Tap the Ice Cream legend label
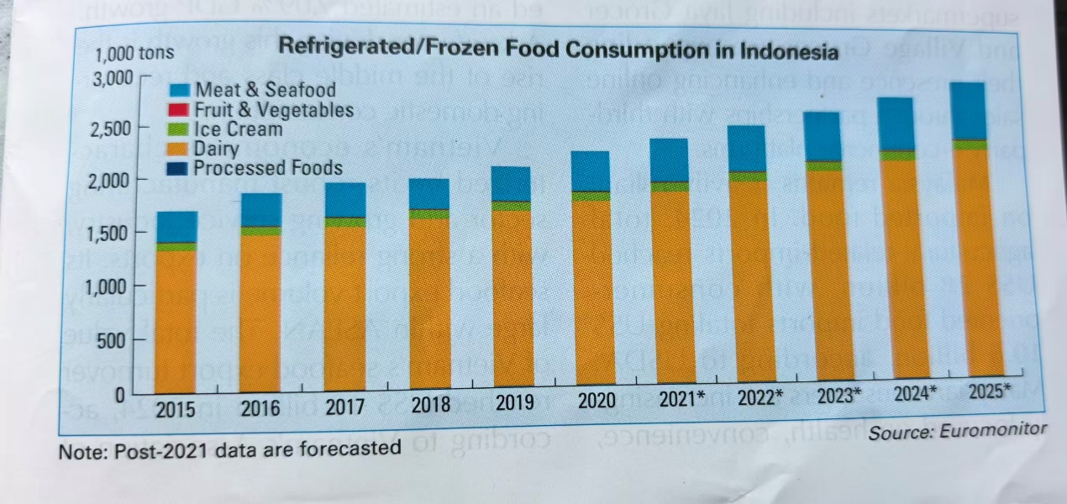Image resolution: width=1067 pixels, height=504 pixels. (x=238, y=129)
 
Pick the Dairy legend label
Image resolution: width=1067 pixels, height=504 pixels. (x=216, y=150)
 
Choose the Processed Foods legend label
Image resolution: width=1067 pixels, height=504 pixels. (x=268, y=168)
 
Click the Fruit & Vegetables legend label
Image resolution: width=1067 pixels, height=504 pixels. (x=274, y=110)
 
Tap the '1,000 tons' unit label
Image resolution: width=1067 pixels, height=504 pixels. (x=135, y=54)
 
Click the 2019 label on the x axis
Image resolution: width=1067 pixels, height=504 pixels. (x=514, y=404)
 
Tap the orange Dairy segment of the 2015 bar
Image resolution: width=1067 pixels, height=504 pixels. (x=176, y=319)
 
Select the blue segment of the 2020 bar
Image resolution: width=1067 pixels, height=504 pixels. (x=591, y=171)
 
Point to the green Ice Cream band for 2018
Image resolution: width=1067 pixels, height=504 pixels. (x=429, y=214)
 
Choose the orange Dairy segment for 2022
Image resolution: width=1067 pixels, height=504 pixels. (x=746, y=277)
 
